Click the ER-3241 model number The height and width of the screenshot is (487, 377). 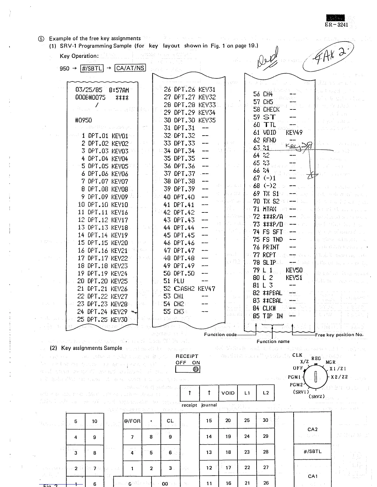[336, 25]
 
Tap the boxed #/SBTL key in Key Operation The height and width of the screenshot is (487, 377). [91, 68]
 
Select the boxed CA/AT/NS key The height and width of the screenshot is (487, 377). [130, 68]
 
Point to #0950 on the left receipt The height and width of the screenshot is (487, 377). [83, 120]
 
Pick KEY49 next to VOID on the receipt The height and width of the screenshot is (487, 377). [294, 133]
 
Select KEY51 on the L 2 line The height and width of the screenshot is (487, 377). [294, 278]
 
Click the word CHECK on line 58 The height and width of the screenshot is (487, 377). [271, 109]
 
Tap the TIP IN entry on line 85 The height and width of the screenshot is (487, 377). [273, 316]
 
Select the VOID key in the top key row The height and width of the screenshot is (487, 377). [228, 393]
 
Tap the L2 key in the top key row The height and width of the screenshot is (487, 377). [266, 393]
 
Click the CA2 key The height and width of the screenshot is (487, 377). [312, 429]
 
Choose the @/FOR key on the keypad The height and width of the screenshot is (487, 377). [132, 421]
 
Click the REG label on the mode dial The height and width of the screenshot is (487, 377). [316, 358]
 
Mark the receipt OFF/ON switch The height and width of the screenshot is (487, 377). [188, 369]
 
